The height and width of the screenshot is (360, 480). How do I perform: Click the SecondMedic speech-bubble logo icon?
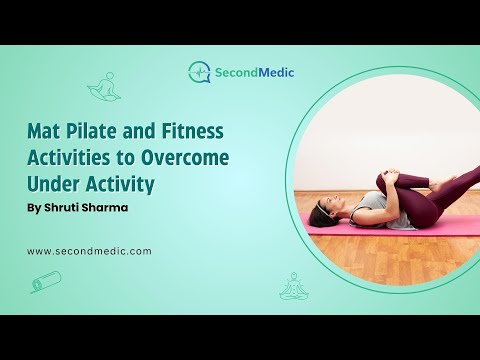click(199, 72)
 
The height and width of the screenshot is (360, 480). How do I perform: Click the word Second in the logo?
click(236, 72)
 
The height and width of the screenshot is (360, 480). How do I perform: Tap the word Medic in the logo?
click(276, 72)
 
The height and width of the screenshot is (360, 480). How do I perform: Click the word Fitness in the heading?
click(193, 131)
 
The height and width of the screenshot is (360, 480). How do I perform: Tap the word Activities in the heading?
click(68, 158)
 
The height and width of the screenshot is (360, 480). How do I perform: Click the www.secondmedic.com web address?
click(89, 251)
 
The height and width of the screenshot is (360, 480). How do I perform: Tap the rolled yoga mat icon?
click(46, 282)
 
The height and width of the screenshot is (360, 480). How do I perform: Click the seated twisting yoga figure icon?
click(104, 86)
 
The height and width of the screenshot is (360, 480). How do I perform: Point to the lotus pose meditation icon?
click(293, 286)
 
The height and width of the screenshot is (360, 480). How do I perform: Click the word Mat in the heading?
click(44, 131)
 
